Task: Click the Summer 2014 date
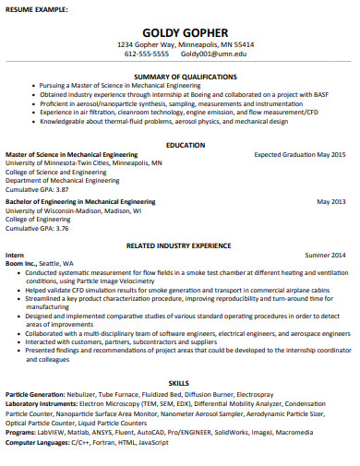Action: point(325,254)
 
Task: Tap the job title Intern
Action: point(15,254)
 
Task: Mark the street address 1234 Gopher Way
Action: point(148,44)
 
